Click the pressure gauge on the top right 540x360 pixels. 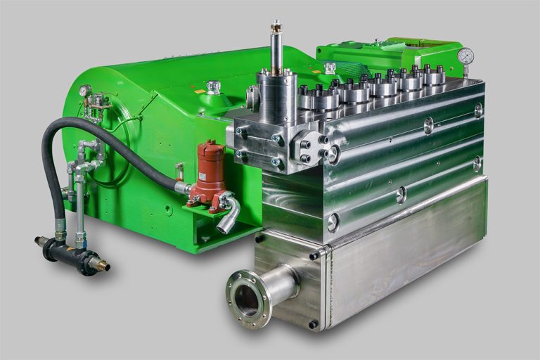pyautogui.click(x=465, y=56)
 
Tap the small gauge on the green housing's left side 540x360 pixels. pyautogui.click(x=84, y=91)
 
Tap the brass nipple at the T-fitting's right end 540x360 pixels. pyautogui.click(x=100, y=265)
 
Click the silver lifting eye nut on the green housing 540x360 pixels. pyautogui.click(x=213, y=87)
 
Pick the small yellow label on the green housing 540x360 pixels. pyautogui.click(x=200, y=92)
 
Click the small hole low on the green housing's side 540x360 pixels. pyautogui.click(x=169, y=210)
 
